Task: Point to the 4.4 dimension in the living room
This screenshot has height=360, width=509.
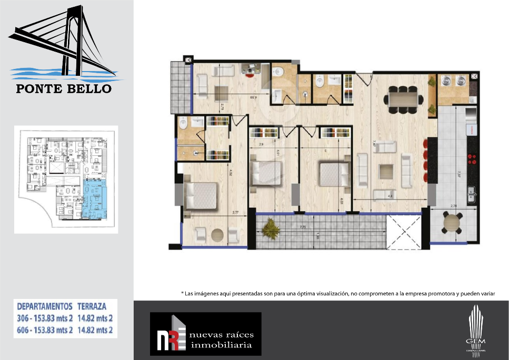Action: coord(390,197)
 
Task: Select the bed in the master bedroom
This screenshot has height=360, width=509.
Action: coord(201,195)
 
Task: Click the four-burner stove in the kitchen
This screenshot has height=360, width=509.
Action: coord(472,159)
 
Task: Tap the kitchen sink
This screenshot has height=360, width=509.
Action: coord(472,192)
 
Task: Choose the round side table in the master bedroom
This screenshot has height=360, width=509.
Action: coord(217,235)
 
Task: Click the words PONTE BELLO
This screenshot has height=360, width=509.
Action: coord(64,88)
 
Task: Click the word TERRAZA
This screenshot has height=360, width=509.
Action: coord(92,306)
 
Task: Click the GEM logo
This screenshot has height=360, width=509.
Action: coord(476,329)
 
